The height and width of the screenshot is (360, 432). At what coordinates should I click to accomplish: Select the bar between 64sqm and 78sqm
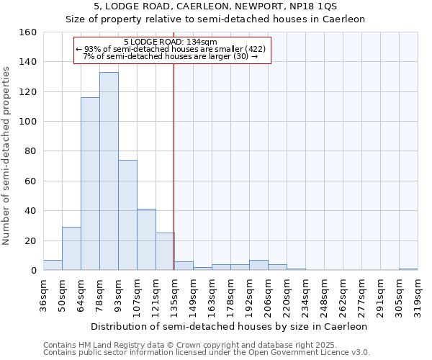pos(90,184)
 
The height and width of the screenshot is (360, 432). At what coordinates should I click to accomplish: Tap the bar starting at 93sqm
pos(127,215)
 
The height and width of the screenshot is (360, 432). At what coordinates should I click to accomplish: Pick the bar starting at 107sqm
pos(146,240)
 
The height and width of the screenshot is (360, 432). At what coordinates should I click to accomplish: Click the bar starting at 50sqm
pos(71,248)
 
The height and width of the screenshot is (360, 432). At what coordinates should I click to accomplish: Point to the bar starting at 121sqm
pos(165,251)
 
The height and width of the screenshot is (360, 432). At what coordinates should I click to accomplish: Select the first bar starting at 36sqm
pos(53,265)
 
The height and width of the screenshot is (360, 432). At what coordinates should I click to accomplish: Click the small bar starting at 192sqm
pos(258,265)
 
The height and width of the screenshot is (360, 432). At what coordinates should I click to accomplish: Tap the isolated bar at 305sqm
pos(408,269)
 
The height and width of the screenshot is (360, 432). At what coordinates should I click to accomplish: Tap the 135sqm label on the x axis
pos(174,295)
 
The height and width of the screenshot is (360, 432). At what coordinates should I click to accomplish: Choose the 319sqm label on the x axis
pos(418,295)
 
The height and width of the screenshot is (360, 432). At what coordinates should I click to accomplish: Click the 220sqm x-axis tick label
pos(287,295)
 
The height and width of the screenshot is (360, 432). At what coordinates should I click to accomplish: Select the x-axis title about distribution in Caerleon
pos(230,326)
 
